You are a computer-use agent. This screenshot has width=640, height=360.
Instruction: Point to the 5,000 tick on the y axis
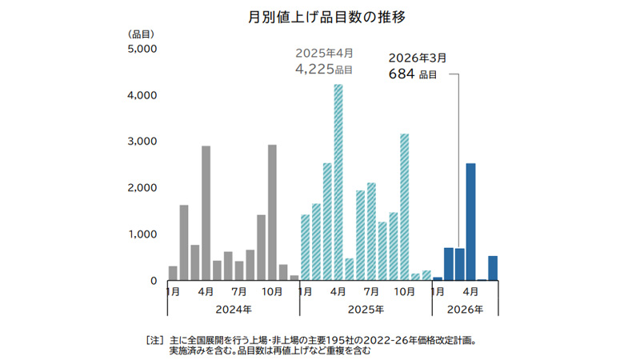[143, 49]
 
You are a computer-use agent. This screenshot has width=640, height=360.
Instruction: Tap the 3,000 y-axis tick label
[143, 142]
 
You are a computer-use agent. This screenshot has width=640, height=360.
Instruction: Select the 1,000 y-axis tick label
[143, 234]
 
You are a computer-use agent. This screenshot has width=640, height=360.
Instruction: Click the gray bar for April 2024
[206, 213]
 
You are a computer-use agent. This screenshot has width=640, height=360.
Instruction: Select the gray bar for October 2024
[272, 212]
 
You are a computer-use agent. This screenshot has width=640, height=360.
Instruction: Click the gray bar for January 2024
[173, 273]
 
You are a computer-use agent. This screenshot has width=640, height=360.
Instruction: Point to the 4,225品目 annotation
[324, 70]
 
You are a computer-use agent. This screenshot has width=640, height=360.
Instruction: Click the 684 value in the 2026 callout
[401, 74]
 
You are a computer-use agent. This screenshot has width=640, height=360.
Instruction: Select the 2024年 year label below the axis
[233, 309]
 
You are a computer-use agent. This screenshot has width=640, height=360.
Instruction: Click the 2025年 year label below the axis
[366, 309]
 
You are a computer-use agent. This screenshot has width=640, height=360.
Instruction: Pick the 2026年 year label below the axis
[465, 309]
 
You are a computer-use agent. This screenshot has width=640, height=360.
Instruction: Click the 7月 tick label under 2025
[371, 292]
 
